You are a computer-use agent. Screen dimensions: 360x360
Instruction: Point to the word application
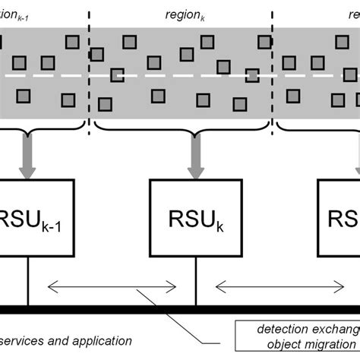pos(99,342)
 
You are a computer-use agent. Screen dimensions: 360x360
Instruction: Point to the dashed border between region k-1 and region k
pos(90,76)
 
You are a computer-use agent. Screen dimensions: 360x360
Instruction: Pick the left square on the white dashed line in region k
pos(116,74)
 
